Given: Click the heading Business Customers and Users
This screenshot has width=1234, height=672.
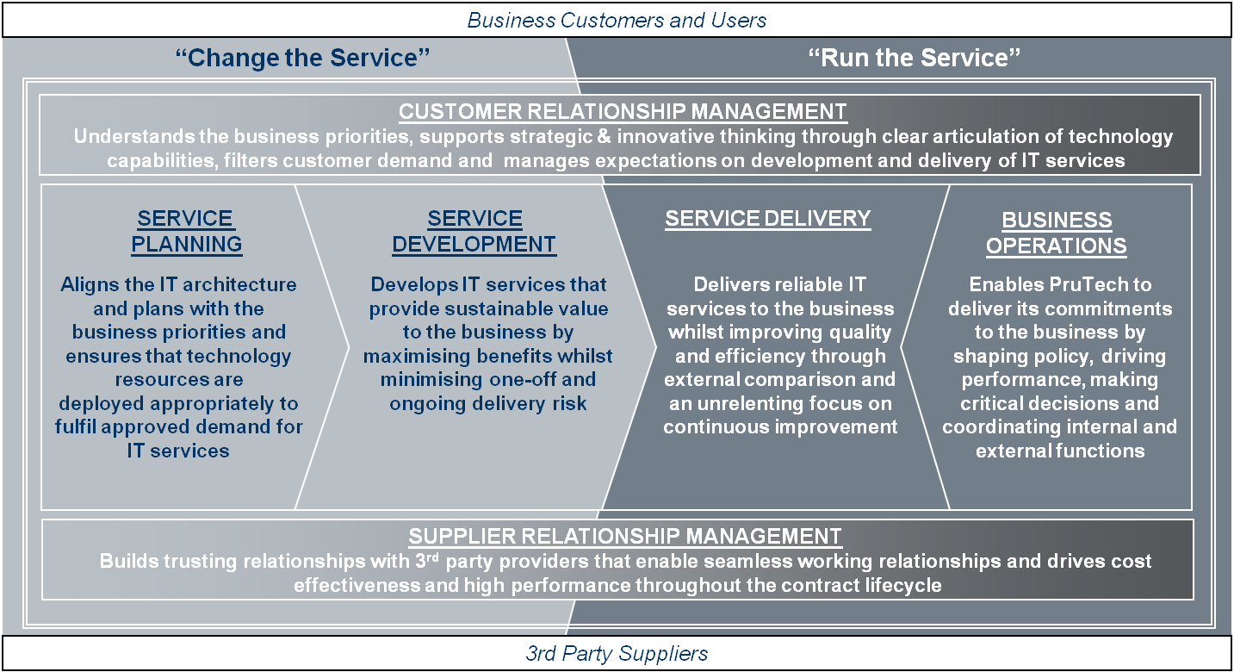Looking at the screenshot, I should [x=617, y=20].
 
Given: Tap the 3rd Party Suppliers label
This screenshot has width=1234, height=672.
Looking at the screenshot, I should [x=617, y=653].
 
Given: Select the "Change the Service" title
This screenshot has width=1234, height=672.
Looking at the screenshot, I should [x=302, y=59].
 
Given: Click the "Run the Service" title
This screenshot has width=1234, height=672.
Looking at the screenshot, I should [x=915, y=59].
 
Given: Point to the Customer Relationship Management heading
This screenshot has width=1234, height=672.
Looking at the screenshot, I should [x=623, y=112].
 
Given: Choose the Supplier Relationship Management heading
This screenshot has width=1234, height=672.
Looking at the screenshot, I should [x=624, y=536].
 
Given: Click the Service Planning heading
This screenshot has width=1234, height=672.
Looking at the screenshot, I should [x=186, y=232].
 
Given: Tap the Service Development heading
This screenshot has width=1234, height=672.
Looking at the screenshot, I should [x=474, y=232].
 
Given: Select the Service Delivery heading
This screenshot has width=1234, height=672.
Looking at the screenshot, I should [x=767, y=219].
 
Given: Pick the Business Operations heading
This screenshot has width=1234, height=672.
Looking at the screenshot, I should [x=1056, y=233].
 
